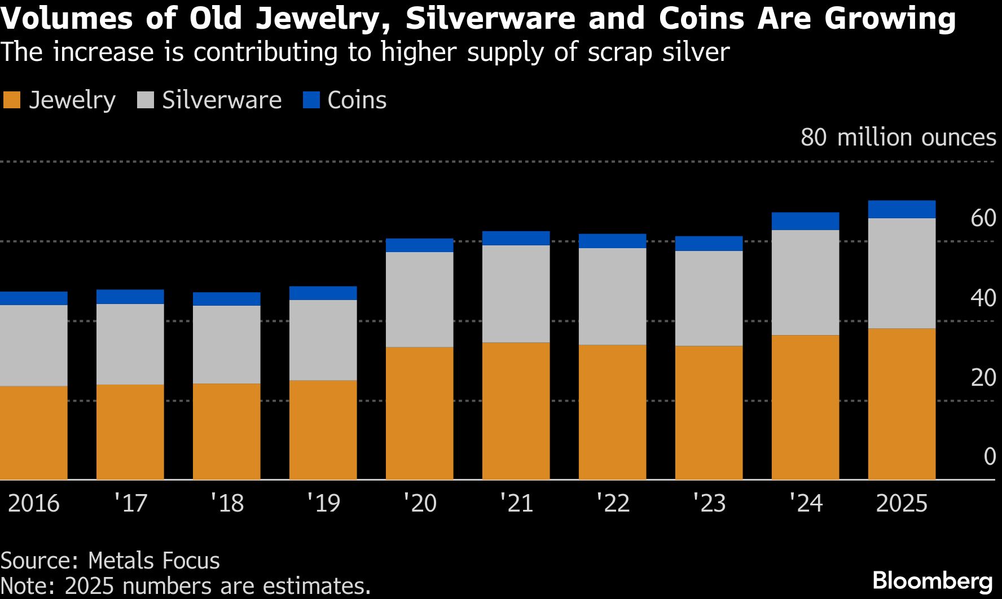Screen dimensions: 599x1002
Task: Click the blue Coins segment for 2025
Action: (902, 209)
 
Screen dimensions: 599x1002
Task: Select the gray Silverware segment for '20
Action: (419, 299)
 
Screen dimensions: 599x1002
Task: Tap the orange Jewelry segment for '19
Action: (323, 430)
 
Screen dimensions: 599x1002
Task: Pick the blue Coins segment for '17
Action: (130, 297)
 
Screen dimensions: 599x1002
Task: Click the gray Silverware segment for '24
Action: (805, 283)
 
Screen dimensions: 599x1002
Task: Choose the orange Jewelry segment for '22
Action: (612, 412)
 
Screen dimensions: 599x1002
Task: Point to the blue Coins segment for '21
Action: (516, 238)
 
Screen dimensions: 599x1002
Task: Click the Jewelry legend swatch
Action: (12, 100)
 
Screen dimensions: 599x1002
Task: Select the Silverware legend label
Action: (222, 100)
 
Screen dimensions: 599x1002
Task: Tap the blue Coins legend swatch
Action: (311, 100)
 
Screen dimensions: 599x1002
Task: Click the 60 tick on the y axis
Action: (983, 218)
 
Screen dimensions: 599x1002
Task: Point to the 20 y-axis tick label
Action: (983, 377)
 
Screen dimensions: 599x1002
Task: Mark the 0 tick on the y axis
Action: (989, 457)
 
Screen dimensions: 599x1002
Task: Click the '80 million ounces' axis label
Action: (898, 138)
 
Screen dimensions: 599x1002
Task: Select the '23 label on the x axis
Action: (709, 503)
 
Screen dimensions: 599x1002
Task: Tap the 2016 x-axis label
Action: (34, 503)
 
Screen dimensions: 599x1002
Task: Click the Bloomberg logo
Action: (933, 580)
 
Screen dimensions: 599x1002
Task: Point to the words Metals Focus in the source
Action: (154, 561)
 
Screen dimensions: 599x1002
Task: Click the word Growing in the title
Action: (890, 18)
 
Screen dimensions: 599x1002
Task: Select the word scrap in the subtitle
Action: (619, 52)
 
